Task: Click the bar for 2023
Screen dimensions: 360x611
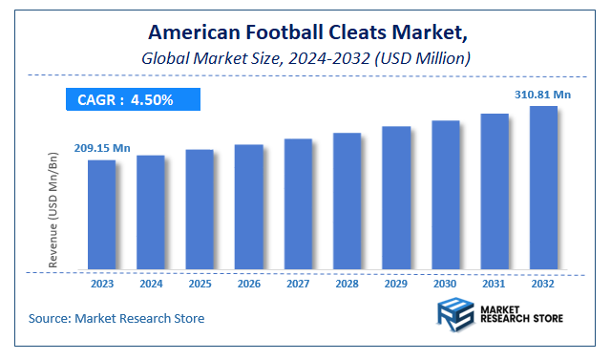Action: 101,214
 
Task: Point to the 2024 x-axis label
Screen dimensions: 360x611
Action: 151,284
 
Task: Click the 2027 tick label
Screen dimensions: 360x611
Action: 298,284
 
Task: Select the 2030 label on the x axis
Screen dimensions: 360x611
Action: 445,284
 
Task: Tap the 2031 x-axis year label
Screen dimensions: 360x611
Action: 495,284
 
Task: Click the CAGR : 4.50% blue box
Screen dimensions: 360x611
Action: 133,99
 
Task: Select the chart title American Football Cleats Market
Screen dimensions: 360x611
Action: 305,33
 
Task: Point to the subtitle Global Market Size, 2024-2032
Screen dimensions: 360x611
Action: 305,57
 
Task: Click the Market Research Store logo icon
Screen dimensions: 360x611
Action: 456,314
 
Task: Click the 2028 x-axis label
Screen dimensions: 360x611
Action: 347,284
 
